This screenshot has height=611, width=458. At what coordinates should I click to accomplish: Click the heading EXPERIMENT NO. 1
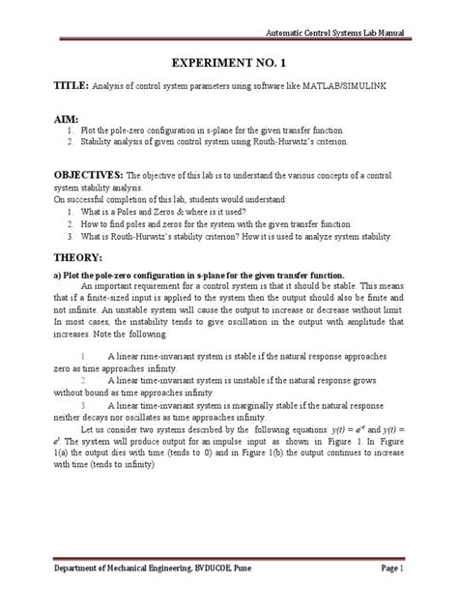point(229,59)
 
